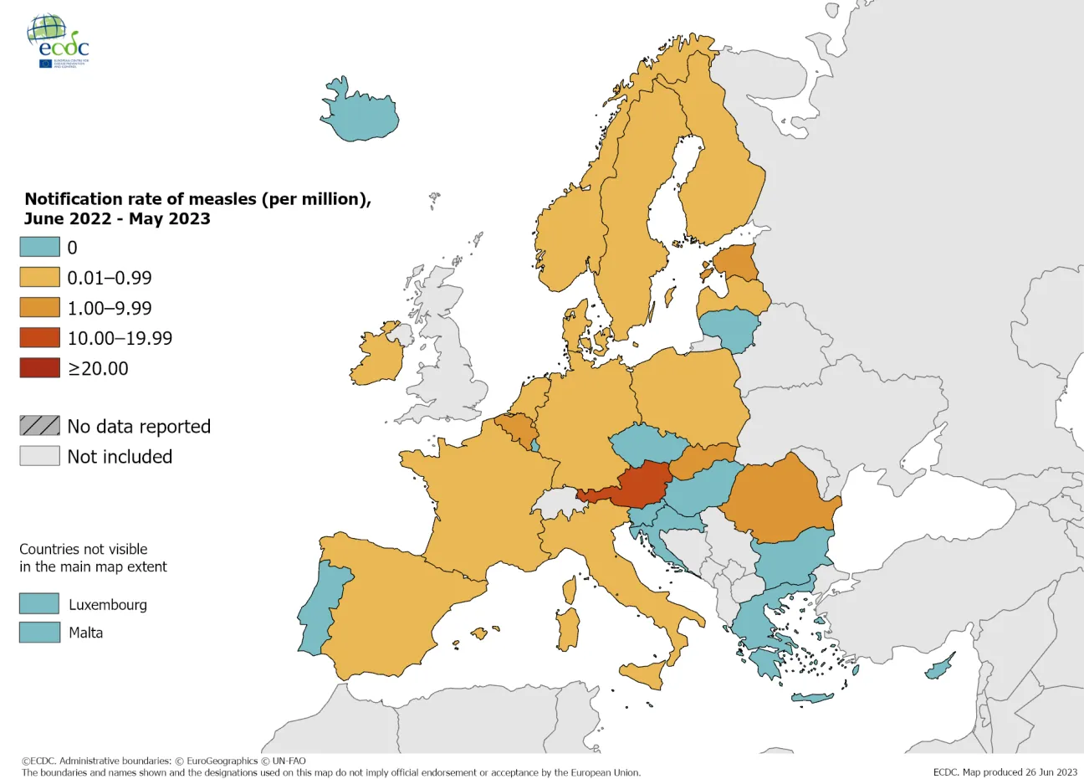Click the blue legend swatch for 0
40,247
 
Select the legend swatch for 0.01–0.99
40,277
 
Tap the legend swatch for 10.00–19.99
40,337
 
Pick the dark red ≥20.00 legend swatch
40,367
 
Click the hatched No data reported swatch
40,426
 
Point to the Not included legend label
120,456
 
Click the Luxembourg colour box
39,604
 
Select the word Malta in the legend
86,633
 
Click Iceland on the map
360,113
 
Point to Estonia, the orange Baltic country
737,263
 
